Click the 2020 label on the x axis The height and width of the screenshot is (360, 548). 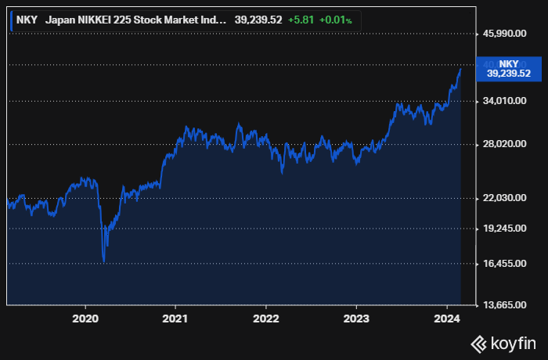pyautogui.click(x=85, y=319)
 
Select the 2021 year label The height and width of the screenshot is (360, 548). pyautogui.click(x=175, y=319)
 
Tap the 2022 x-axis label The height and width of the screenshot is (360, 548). pyautogui.click(x=266, y=319)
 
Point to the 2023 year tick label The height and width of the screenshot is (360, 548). pyautogui.click(x=356, y=319)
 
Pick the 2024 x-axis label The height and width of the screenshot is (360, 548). pyautogui.click(x=447, y=319)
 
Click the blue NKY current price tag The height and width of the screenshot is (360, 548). pyautogui.click(x=508, y=68)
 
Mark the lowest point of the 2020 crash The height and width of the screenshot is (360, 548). pyautogui.click(x=103, y=261)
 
